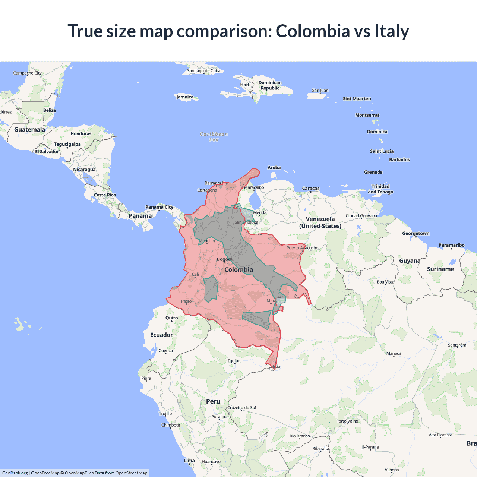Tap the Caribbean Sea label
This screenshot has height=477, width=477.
pyautogui.click(x=214, y=137)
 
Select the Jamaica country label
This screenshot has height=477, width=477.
pyautogui.click(x=185, y=97)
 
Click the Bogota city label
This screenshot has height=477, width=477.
pyautogui.click(x=224, y=259)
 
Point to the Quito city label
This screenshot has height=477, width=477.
pyautogui.click(x=171, y=318)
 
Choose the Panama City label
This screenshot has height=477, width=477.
pyautogui.click(x=159, y=207)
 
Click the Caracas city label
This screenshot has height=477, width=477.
pyautogui.click(x=310, y=189)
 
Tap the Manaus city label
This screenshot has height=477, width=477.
pyautogui.click(x=394, y=353)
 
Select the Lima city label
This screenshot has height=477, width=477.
pyautogui.click(x=189, y=461)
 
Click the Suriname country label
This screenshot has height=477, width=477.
pyautogui.click(x=440, y=269)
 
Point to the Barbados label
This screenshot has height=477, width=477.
pyautogui.click(x=399, y=159)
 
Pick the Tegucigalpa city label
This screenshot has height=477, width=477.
pyautogui.click(x=67, y=144)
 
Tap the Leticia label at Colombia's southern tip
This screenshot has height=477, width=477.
pyautogui.click(x=274, y=366)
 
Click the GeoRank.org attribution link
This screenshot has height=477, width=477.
pyautogui.click(x=15, y=473)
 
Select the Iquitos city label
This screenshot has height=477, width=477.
pyautogui.click(x=235, y=361)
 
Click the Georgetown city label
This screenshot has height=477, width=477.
pyautogui.click(x=416, y=233)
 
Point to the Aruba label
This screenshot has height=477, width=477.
pyautogui.click(x=274, y=168)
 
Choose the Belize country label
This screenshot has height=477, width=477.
pyautogui.click(x=50, y=110)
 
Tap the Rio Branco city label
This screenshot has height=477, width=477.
pyautogui.click(x=300, y=436)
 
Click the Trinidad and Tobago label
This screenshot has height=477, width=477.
pyautogui.click(x=380, y=189)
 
